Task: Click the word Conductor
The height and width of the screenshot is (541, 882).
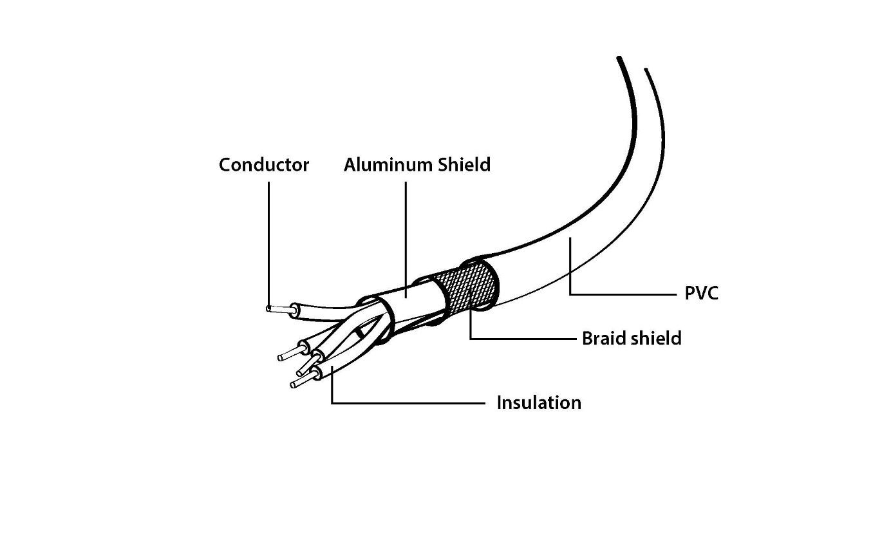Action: point(264,165)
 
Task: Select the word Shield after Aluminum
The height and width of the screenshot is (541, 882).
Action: point(464,165)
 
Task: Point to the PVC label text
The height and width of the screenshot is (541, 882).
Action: point(701,293)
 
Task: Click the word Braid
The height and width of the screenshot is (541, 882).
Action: point(604,338)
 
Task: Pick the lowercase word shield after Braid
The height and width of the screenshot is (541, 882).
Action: point(656,338)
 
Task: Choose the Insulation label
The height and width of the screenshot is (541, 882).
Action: point(539,403)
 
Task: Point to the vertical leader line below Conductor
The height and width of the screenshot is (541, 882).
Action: point(269,244)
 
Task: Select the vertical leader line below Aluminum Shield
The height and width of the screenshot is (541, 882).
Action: point(406,240)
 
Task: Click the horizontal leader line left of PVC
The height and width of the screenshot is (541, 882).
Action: point(623,294)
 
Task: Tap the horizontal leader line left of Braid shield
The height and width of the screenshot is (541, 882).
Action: point(523,339)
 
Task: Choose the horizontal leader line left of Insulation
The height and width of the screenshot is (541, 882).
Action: point(408,403)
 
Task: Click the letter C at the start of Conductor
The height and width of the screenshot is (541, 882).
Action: point(225,165)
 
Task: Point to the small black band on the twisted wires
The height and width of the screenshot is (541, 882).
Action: point(359,334)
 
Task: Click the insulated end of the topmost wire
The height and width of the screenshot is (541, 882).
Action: point(296,310)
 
